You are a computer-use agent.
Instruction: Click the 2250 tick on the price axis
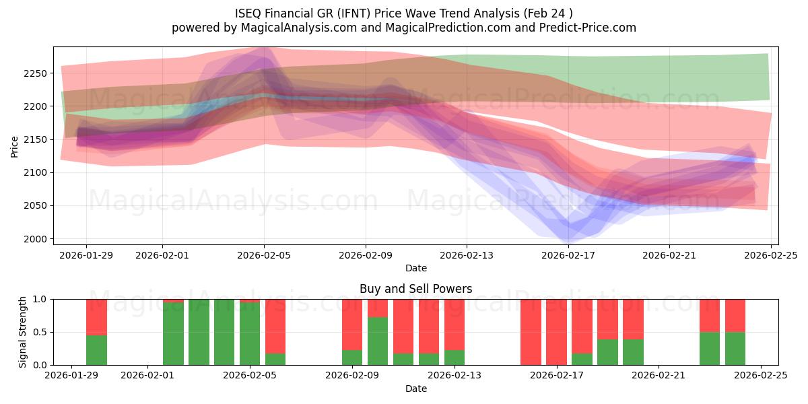(36, 73)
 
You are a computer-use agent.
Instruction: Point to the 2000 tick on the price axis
(36, 239)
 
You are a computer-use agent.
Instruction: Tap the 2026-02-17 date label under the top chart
(568, 255)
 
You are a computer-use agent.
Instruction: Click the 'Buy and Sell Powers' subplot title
(415, 289)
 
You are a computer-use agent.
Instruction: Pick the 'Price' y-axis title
(15, 145)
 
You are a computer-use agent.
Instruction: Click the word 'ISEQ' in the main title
(250, 13)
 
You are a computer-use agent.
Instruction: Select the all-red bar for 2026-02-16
(531, 332)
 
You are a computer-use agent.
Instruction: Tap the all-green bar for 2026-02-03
(199, 332)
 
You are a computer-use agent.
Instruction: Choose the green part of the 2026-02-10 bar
(378, 341)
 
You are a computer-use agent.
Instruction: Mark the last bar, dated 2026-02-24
(735, 332)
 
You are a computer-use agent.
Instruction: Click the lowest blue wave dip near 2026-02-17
(568, 238)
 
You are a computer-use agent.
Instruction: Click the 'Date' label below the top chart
(415, 268)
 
